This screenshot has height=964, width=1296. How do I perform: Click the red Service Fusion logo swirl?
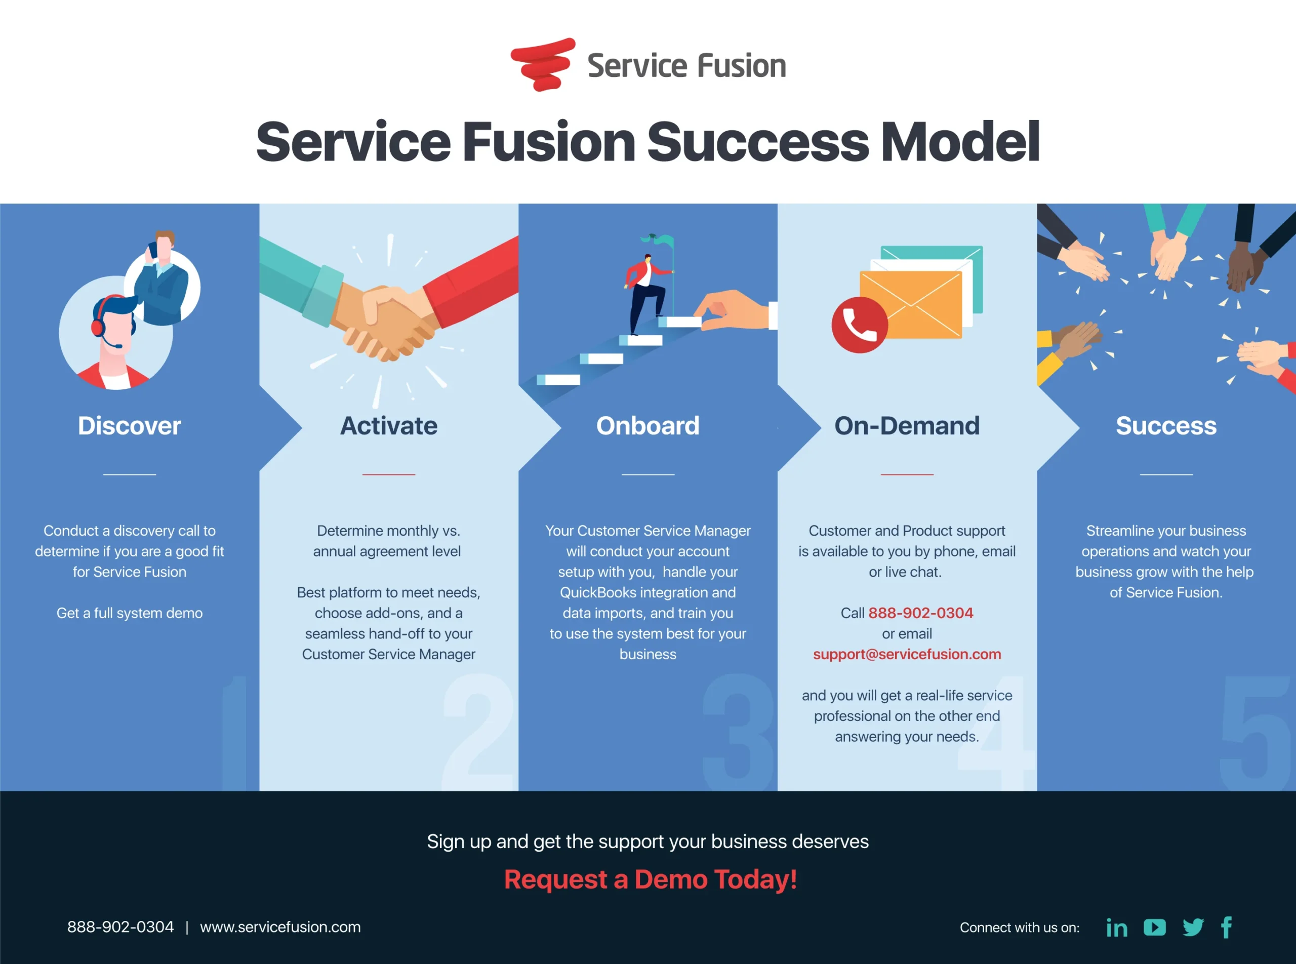[x=542, y=64]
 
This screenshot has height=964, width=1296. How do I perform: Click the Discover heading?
[x=130, y=426]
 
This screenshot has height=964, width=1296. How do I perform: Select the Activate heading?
[x=389, y=426]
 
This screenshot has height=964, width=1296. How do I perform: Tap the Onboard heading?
[x=647, y=426]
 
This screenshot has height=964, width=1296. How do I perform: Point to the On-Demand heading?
[x=907, y=426]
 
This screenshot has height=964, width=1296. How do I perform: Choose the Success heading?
[x=1166, y=426]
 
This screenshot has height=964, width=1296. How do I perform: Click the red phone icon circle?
[x=859, y=325]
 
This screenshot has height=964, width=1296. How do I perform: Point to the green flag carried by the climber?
[x=663, y=240]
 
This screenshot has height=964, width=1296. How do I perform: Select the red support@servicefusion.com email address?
[x=907, y=654]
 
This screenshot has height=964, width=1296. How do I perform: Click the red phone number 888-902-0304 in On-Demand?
[x=920, y=613]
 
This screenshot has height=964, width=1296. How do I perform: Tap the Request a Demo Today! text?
[x=650, y=879]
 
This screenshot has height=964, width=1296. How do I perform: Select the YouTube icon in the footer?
[x=1154, y=927]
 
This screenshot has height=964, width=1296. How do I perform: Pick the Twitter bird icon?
[x=1193, y=927]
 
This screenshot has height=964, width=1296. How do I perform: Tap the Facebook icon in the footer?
[x=1227, y=927]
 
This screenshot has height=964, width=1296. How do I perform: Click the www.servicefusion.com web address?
[x=280, y=927]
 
